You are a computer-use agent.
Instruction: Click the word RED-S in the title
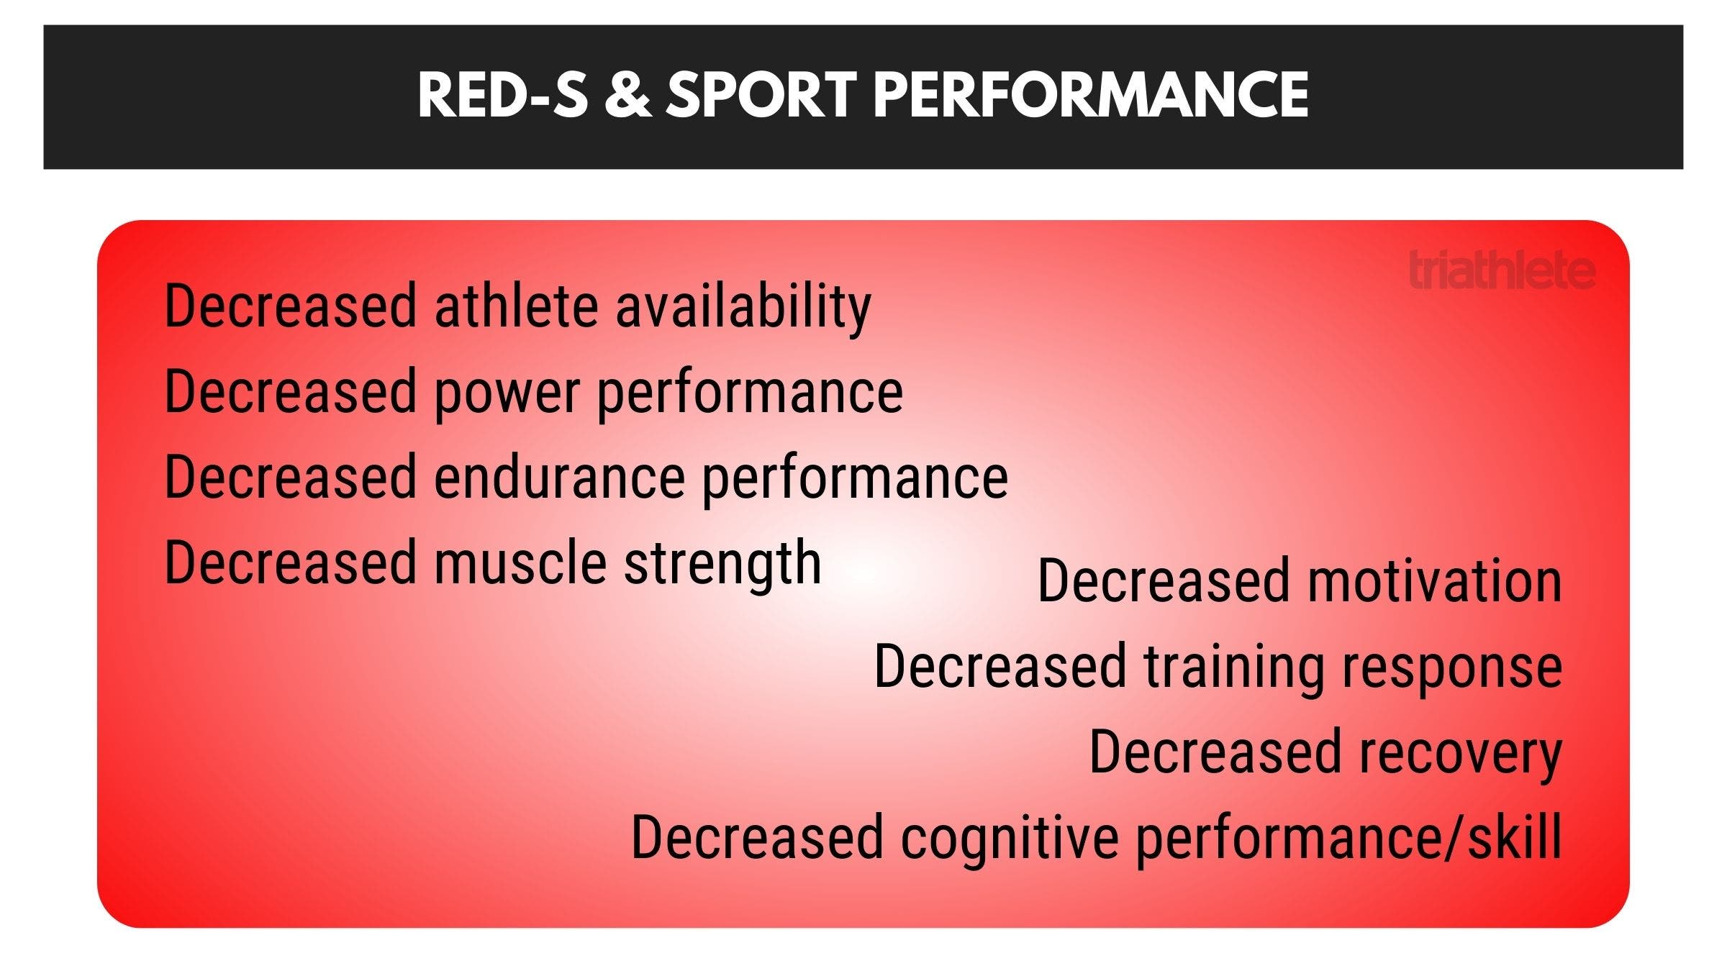(x=502, y=96)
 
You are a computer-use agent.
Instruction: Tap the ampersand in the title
(x=627, y=96)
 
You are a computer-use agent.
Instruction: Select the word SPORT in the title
(x=761, y=96)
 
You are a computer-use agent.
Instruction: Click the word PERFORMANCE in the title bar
(x=1090, y=96)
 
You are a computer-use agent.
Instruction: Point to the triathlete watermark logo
(x=1502, y=270)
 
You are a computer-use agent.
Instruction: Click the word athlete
(x=516, y=306)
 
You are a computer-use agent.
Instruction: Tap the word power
(x=507, y=393)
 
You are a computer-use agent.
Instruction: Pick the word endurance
(x=559, y=478)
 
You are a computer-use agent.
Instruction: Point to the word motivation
(x=1434, y=581)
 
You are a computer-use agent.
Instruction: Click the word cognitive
(x=1010, y=837)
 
